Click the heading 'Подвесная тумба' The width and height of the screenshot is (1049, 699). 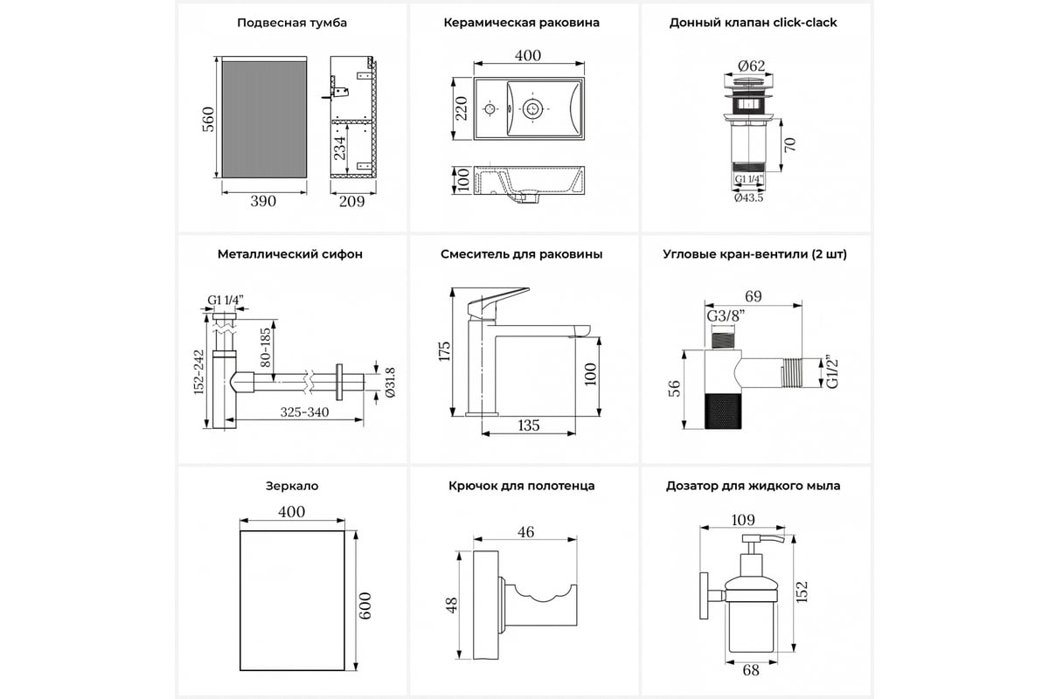(x=292, y=23)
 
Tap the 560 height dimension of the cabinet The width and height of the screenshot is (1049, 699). (x=208, y=119)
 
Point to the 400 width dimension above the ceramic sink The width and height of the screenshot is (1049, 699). (x=527, y=56)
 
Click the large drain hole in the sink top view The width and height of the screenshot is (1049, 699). (x=531, y=109)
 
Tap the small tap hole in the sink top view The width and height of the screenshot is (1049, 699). (x=490, y=110)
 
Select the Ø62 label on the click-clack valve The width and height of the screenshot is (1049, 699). (x=752, y=65)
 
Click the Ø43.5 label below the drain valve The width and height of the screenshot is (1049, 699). (x=749, y=198)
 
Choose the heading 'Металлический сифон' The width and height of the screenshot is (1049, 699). (x=290, y=254)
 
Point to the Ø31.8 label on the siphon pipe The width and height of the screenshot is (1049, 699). (x=390, y=381)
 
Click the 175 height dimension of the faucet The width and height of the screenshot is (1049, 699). (x=445, y=351)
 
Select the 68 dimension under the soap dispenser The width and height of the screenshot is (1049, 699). (x=751, y=670)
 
